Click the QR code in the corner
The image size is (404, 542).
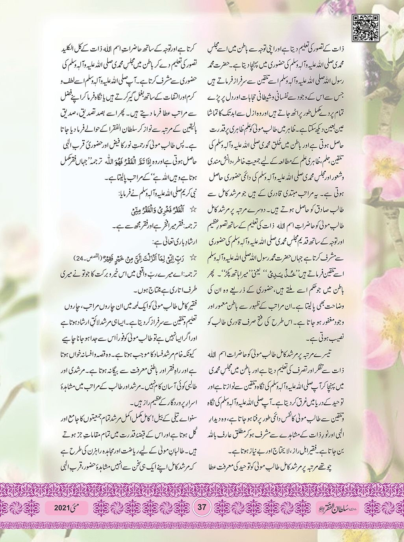(x=365, y=28)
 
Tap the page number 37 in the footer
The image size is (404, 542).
(x=202, y=507)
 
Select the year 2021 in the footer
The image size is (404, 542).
(x=61, y=508)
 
